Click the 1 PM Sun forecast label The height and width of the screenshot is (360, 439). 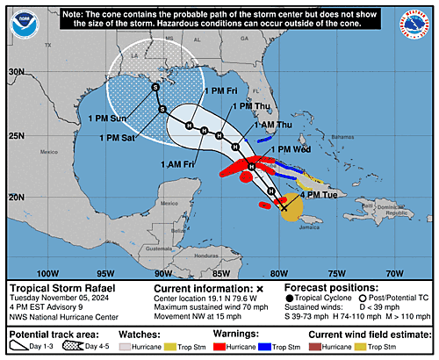click(x=107, y=118)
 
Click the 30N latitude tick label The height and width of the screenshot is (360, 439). click(x=16, y=72)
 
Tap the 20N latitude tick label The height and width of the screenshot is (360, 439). click(x=16, y=198)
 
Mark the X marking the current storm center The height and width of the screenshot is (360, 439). click(x=284, y=208)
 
